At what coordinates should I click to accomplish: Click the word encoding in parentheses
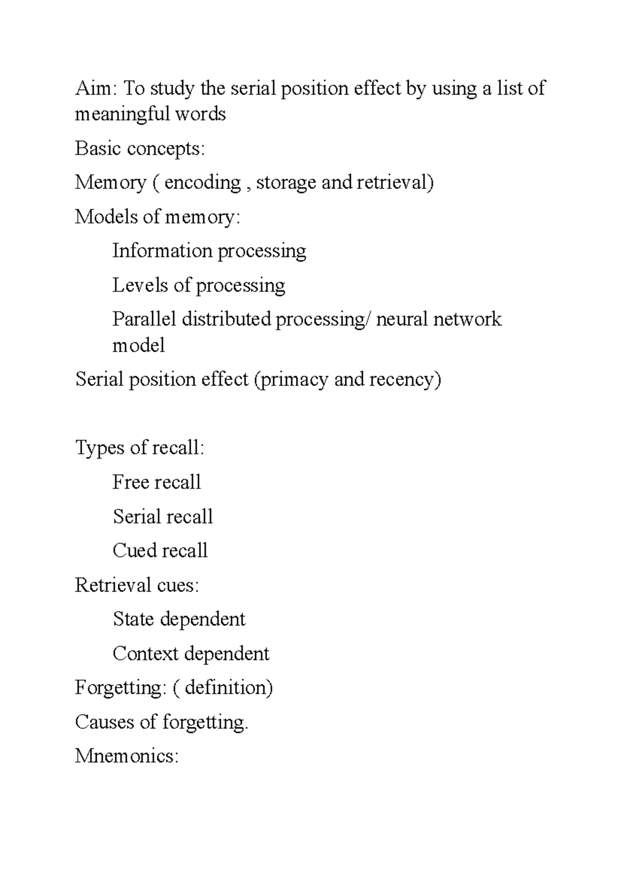pos(202,183)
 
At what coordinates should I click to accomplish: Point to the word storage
pos(286,183)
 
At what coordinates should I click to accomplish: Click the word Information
pos(162,251)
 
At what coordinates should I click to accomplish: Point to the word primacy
pos(293,379)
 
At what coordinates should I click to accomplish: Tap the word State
pos(134,619)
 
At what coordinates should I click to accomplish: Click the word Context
pos(145,653)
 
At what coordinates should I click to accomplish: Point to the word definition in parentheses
pos(226,687)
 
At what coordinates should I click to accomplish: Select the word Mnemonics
pos(126,756)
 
